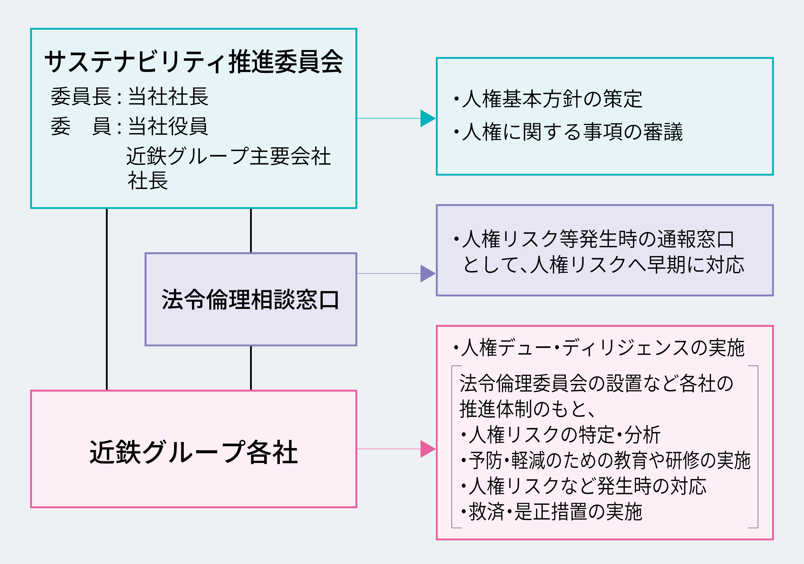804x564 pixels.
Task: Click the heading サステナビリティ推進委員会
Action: tap(194, 62)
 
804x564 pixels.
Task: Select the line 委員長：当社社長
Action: tap(130, 97)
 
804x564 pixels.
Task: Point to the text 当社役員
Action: tap(168, 126)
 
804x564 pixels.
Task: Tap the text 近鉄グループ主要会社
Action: tap(228, 156)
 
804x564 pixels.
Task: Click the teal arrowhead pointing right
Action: tap(428, 118)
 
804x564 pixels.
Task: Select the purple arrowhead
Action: tap(428, 273)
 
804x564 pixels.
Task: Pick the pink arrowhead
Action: tap(428, 449)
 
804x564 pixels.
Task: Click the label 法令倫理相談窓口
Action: tap(251, 300)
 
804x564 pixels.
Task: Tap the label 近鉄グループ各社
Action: tap(194, 452)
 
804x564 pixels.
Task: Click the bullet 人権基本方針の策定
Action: tap(548, 99)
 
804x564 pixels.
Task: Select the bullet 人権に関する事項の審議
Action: tap(568, 132)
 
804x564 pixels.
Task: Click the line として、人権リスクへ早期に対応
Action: tap(603, 265)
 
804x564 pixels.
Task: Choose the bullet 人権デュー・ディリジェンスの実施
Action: tap(599, 348)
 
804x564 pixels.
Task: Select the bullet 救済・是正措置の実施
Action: tap(552, 512)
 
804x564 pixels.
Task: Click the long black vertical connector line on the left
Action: tap(107, 299)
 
